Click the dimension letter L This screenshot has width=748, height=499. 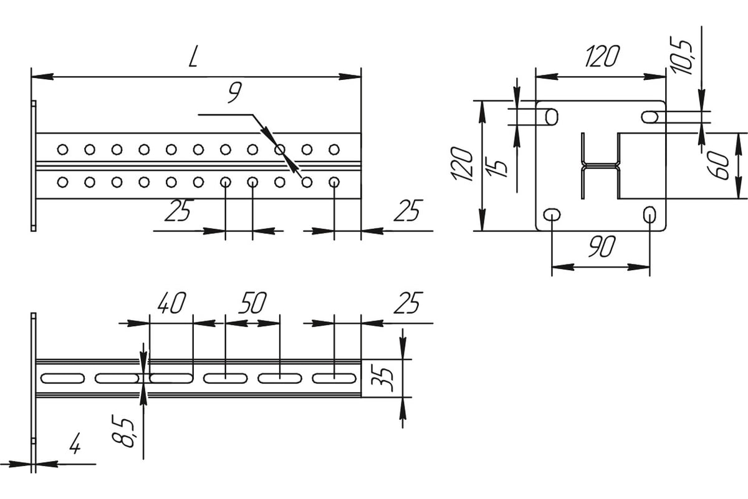(x=194, y=57)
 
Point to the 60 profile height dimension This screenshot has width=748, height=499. (x=722, y=165)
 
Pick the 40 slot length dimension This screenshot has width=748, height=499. (x=171, y=304)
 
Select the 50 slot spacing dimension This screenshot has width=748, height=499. (x=252, y=304)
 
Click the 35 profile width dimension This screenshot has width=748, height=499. (x=386, y=377)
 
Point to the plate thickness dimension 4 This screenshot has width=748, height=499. (x=75, y=446)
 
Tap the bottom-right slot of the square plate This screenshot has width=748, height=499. (x=650, y=216)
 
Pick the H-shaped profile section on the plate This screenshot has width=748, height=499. (x=601, y=165)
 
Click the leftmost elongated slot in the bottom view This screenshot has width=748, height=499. (x=62, y=377)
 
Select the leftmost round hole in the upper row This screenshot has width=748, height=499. (x=62, y=149)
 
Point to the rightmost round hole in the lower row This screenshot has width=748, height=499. (x=334, y=182)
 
